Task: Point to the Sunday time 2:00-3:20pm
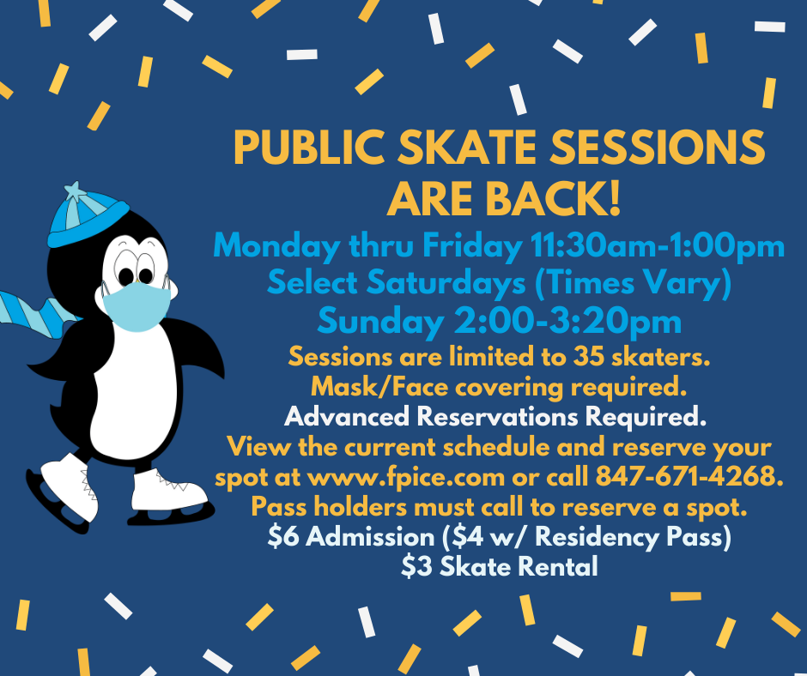tap(567, 321)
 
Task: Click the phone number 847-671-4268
tap(689, 476)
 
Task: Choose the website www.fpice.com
tap(406, 478)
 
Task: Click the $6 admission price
tap(283, 536)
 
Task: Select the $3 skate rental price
tap(416, 566)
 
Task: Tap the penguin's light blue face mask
tap(137, 306)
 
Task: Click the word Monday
tap(276, 246)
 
